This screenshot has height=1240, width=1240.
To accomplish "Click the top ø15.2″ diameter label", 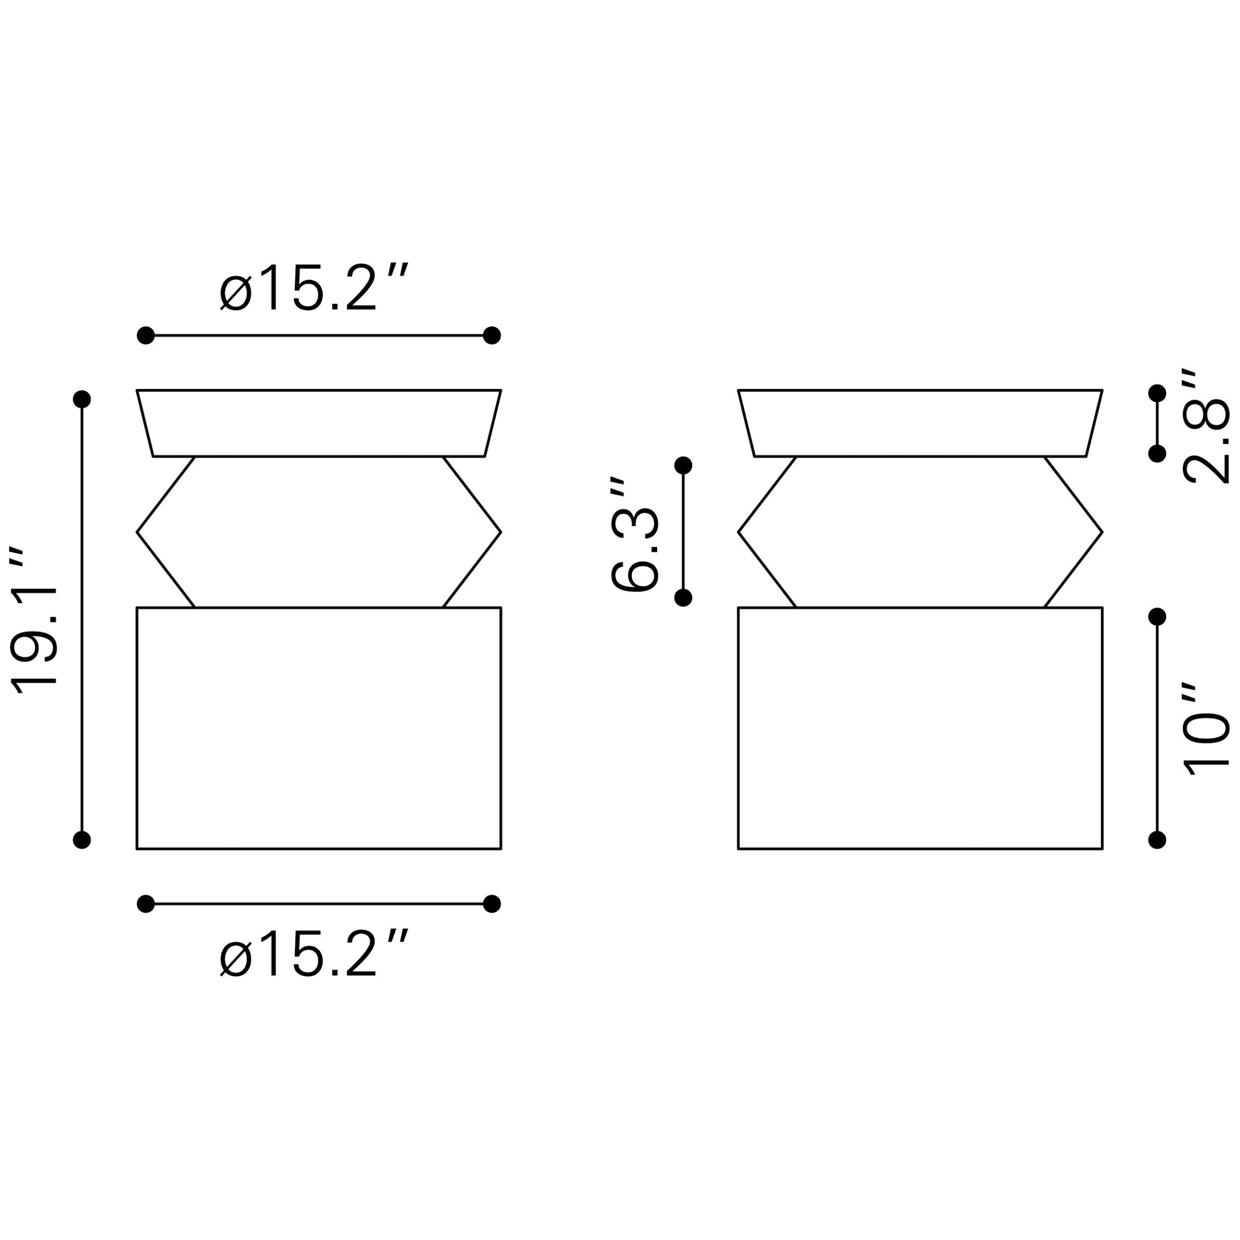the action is (x=314, y=287).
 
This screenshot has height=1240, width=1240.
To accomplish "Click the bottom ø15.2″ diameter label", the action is (x=314, y=953).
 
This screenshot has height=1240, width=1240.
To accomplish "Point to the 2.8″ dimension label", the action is (x=1206, y=426).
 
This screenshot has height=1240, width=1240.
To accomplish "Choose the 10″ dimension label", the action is (x=1206, y=730).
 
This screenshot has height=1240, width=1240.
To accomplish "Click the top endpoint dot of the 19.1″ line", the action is (x=82, y=399).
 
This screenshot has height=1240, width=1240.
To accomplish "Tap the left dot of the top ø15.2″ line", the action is (x=145, y=335).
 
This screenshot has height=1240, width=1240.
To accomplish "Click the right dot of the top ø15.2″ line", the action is (x=491, y=335).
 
